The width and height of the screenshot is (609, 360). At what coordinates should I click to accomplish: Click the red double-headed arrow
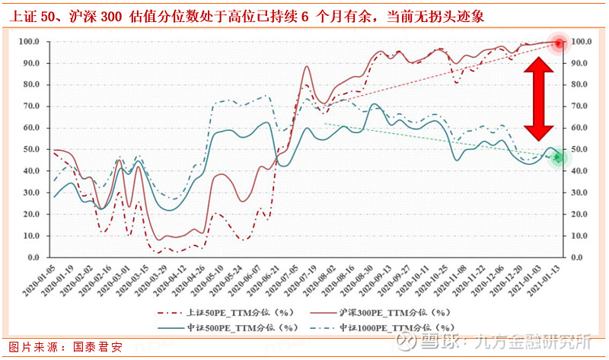(537, 97)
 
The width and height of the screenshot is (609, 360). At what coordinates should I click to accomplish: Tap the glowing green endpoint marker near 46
(558, 158)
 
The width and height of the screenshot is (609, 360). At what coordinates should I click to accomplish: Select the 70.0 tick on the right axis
(580, 107)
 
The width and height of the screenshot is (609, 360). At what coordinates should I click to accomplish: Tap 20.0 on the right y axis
(580, 215)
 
